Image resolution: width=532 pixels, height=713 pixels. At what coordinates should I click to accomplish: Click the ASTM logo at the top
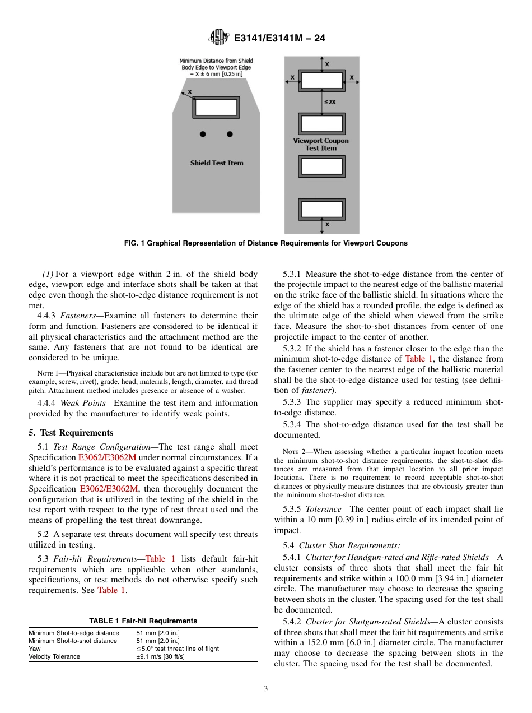[218, 38]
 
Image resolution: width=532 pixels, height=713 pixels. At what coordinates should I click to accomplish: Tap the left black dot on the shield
[203, 134]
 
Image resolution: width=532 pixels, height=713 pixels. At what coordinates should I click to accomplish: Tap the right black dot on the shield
[230, 134]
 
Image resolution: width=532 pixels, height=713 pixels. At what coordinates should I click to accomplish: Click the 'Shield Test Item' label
[217, 163]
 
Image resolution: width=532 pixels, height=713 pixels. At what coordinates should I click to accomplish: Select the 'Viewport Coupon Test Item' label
[321, 145]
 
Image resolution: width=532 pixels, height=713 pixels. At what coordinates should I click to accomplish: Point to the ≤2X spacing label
[330, 102]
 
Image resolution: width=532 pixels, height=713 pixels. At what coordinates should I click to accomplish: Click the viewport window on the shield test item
[216, 108]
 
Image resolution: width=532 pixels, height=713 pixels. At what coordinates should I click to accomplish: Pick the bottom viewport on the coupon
[322, 209]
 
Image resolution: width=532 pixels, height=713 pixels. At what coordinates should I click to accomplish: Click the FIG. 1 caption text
[265, 243]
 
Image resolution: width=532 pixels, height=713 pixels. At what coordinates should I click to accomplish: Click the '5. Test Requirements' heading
[71, 433]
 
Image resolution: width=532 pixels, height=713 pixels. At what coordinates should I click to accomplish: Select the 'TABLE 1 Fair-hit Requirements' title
[143, 621]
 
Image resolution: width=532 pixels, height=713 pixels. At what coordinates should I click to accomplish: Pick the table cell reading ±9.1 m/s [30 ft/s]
[161, 656]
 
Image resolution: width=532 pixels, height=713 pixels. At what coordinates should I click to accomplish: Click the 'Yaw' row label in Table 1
[35, 649]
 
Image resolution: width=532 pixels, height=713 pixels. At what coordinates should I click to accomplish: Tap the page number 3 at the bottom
[266, 689]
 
